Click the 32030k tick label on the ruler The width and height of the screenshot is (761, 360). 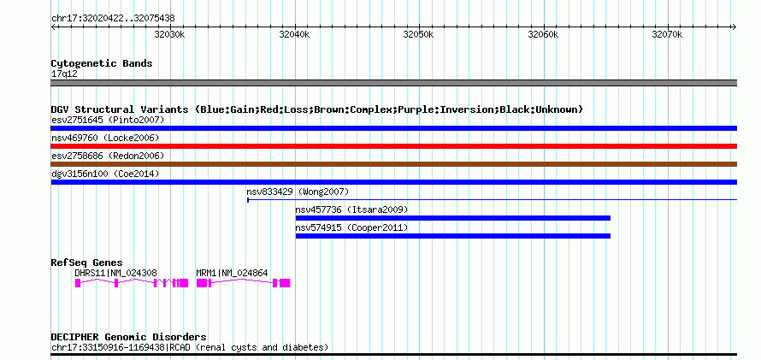click(x=170, y=35)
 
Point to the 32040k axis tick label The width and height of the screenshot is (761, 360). click(x=294, y=35)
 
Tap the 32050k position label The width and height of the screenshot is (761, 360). click(x=418, y=35)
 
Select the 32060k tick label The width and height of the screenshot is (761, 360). click(x=543, y=35)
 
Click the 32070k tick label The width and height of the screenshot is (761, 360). click(x=667, y=35)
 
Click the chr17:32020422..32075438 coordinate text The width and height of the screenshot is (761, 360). click(x=113, y=19)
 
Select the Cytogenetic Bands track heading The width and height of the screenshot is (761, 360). click(x=102, y=63)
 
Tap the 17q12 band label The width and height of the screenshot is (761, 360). click(x=64, y=74)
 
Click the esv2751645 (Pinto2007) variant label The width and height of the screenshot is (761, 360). click(x=108, y=120)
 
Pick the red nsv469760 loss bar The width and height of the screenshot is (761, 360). click(x=393, y=146)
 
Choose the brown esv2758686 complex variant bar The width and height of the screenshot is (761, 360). click(x=393, y=164)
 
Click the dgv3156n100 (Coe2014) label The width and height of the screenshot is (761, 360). click(x=105, y=174)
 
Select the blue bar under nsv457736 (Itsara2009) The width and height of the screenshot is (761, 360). click(x=453, y=218)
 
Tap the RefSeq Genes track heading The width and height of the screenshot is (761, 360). click(x=87, y=263)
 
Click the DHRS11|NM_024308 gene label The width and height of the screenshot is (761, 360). click(x=116, y=273)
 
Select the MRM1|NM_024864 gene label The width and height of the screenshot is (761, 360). click(x=232, y=273)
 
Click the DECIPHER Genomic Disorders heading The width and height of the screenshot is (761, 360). click(x=128, y=337)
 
